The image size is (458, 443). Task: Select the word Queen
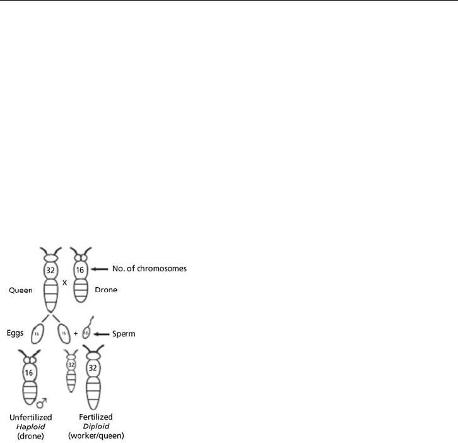(x=20, y=292)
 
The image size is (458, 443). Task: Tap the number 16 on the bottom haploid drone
(x=28, y=372)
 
